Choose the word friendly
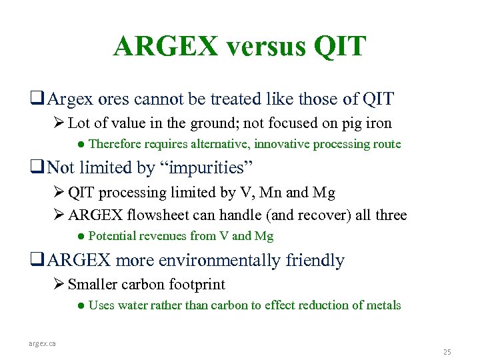(315, 260)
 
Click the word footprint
(193, 285)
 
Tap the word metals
(382, 305)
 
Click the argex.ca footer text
(42, 343)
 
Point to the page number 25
(447, 351)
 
